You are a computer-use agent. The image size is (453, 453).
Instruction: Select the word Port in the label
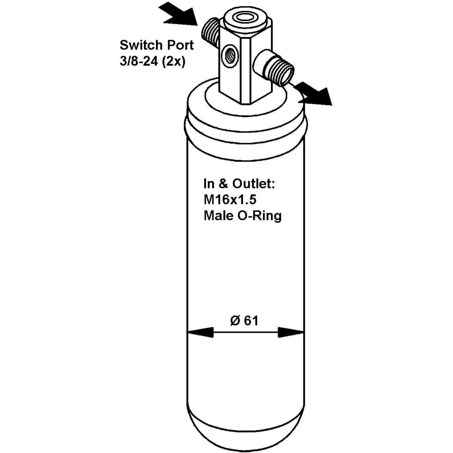pos(180,45)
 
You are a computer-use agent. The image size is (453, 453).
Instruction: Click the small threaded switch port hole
pos(230,56)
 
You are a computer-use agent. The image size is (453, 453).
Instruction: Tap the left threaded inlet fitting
pos(210,32)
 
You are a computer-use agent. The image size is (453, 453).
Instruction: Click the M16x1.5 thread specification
pos(230,200)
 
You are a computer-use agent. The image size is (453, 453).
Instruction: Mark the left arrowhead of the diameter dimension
pos(201,333)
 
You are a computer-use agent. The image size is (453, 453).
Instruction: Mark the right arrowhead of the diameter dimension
pos(291,333)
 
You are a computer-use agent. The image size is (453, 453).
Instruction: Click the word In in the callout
pos(210,184)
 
